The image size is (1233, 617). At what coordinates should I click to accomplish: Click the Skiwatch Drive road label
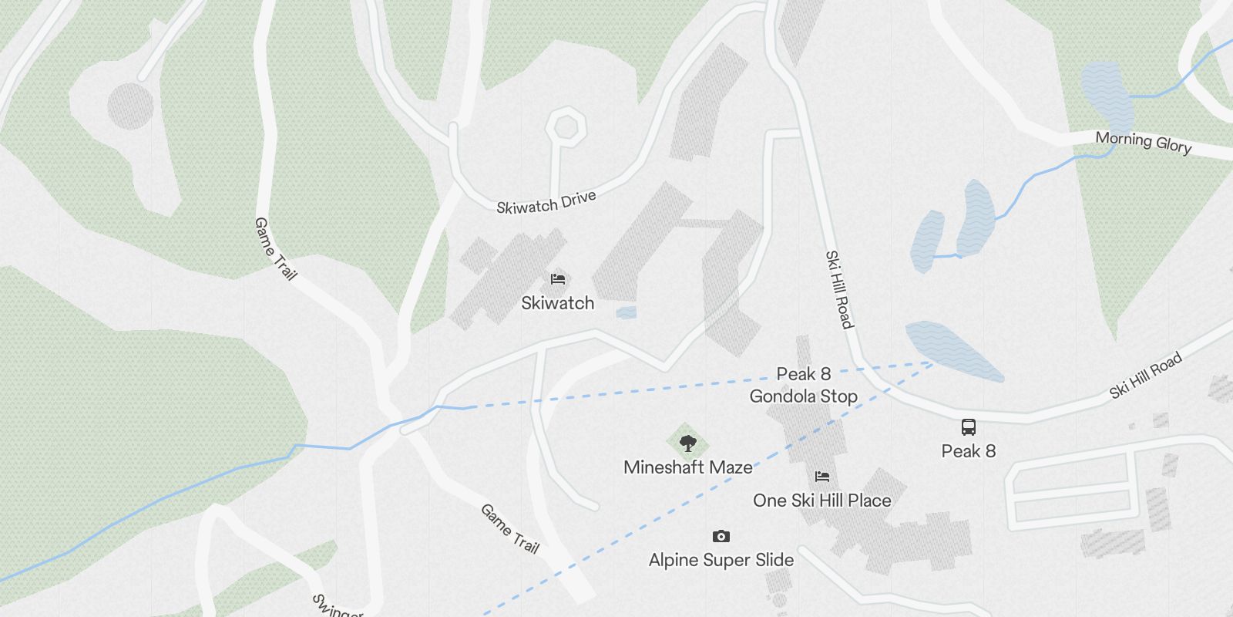click(x=546, y=203)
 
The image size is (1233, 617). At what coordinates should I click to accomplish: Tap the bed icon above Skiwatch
click(x=558, y=278)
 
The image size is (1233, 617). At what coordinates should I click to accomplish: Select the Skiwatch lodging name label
click(x=558, y=303)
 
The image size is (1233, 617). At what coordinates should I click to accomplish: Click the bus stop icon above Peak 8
click(x=968, y=427)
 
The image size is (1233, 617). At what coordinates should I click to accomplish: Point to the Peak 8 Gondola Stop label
click(x=804, y=385)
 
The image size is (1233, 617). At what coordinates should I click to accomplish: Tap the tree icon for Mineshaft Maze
click(x=688, y=443)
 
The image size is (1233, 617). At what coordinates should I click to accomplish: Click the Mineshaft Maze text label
click(x=688, y=467)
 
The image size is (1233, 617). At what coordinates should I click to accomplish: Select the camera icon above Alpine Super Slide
click(x=721, y=536)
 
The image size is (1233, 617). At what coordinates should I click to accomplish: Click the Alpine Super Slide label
click(x=721, y=560)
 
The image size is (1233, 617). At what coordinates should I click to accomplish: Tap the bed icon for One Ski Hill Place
click(x=822, y=476)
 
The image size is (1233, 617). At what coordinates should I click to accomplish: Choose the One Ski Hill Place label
click(x=822, y=501)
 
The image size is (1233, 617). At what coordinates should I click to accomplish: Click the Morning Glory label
click(x=1144, y=142)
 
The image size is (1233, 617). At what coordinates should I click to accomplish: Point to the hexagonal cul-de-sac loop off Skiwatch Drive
click(x=566, y=125)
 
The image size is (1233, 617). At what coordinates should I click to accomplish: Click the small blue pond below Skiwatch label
click(x=627, y=312)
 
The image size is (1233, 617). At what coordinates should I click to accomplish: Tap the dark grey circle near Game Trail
click(x=130, y=106)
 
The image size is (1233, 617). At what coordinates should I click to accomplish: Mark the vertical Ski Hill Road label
click(x=839, y=289)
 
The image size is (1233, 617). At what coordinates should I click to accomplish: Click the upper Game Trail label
click(x=275, y=248)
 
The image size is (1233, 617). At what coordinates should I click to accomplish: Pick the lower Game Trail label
click(x=509, y=528)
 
